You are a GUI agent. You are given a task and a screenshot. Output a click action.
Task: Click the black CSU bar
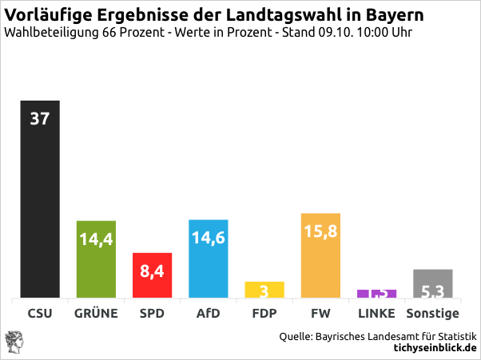[x=40, y=208]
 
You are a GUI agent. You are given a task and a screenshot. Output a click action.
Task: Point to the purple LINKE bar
[x=376, y=294]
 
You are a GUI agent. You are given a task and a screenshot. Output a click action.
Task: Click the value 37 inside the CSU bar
[x=40, y=118]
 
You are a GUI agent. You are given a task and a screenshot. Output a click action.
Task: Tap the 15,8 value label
[x=320, y=231]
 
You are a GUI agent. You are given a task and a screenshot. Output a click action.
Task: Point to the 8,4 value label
[x=152, y=271]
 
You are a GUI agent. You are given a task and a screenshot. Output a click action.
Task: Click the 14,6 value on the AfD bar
[x=209, y=237]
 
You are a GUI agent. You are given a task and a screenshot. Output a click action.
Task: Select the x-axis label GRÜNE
[x=96, y=313]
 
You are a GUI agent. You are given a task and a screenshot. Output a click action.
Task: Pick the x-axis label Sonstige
[x=432, y=313]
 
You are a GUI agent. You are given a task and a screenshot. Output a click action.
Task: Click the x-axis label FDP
[x=264, y=313]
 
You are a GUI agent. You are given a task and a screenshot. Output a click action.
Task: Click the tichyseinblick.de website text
[x=435, y=348]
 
